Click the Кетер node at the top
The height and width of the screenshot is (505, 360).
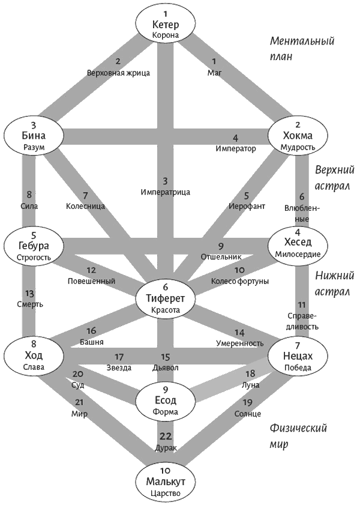point(166,24)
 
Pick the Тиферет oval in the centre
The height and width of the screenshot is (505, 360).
point(166,298)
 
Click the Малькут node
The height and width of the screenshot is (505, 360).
point(166,482)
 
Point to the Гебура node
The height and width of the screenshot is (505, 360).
point(34,246)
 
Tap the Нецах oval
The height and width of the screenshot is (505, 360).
point(298,356)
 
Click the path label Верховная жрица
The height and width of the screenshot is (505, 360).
point(118,73)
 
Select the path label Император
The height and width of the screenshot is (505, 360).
point(236,148)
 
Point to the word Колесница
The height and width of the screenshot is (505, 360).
point(85,206)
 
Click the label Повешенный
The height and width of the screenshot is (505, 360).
point(91,281)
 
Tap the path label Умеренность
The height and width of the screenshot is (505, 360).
point(239,343)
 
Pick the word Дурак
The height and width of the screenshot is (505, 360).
point(166,448)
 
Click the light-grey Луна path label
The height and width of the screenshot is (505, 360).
point(251,384)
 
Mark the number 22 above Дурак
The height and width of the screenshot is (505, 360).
point(166,437)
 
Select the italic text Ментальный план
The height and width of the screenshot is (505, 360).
point(302,48)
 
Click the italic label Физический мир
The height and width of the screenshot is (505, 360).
point(298,436)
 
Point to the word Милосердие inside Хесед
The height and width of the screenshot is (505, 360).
point(298,254)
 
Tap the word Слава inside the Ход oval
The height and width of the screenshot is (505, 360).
point(34,367)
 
